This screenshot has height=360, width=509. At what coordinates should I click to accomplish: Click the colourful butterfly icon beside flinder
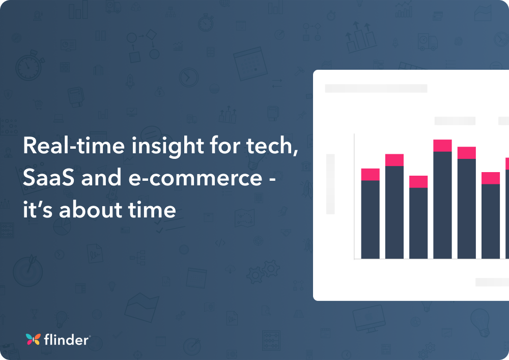33,340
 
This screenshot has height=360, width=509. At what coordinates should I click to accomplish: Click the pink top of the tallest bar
442,146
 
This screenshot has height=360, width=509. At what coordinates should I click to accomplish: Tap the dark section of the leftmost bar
370,219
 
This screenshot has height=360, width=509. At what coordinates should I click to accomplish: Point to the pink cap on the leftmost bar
370,175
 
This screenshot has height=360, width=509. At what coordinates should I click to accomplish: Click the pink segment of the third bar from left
418,182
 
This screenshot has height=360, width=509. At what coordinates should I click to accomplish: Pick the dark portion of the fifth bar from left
467,209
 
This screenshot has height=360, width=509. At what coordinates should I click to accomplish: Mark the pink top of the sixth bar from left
491,178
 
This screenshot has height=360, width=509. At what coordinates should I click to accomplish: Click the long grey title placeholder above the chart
376,89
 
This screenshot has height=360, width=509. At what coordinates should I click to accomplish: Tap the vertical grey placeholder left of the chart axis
330,184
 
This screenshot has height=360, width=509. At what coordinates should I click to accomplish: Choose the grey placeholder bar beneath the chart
492,282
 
